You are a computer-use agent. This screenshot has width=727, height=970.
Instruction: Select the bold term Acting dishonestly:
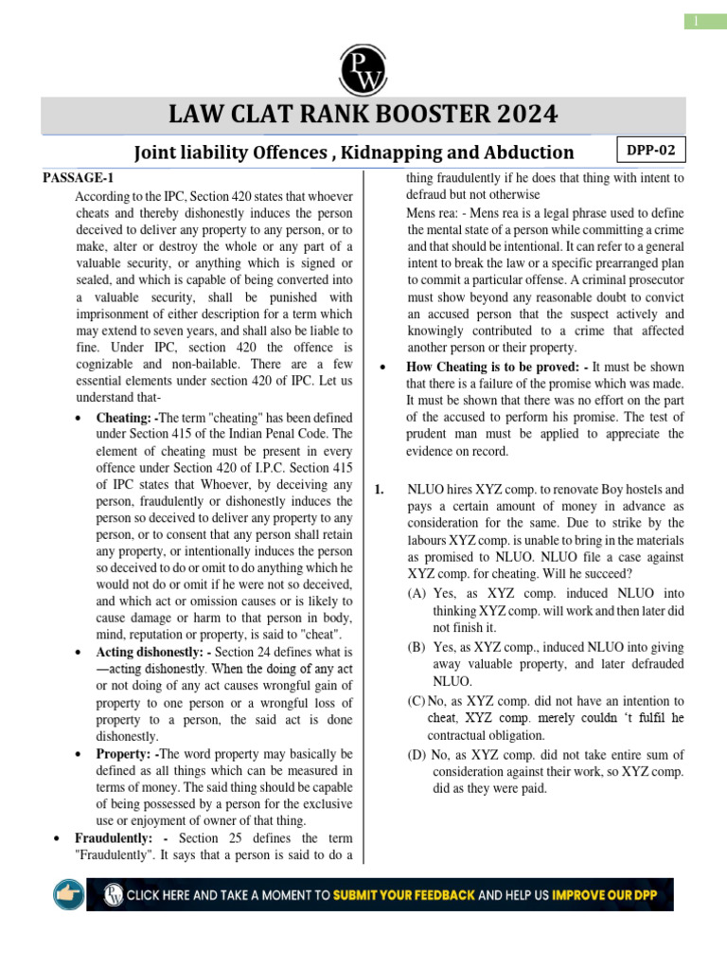[155, 653]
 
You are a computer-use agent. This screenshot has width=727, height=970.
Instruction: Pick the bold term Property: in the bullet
[125, 753]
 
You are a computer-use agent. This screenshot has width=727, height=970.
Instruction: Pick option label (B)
[417, 645]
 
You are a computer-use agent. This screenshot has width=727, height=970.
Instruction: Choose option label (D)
[417, 754]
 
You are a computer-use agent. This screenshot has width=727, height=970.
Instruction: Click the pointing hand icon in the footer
[69, 893]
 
